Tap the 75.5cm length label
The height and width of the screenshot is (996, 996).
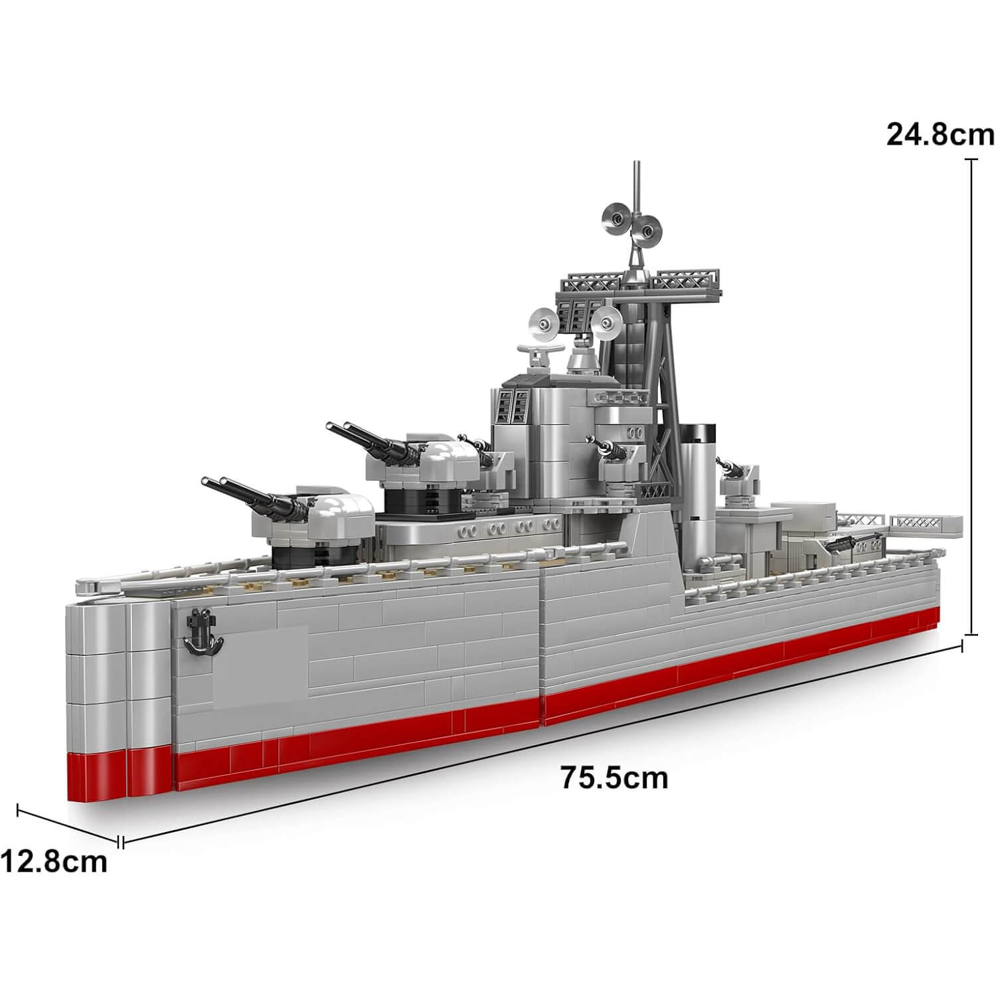point(614,778)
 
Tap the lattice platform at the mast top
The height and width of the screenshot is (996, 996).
point(637,282)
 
